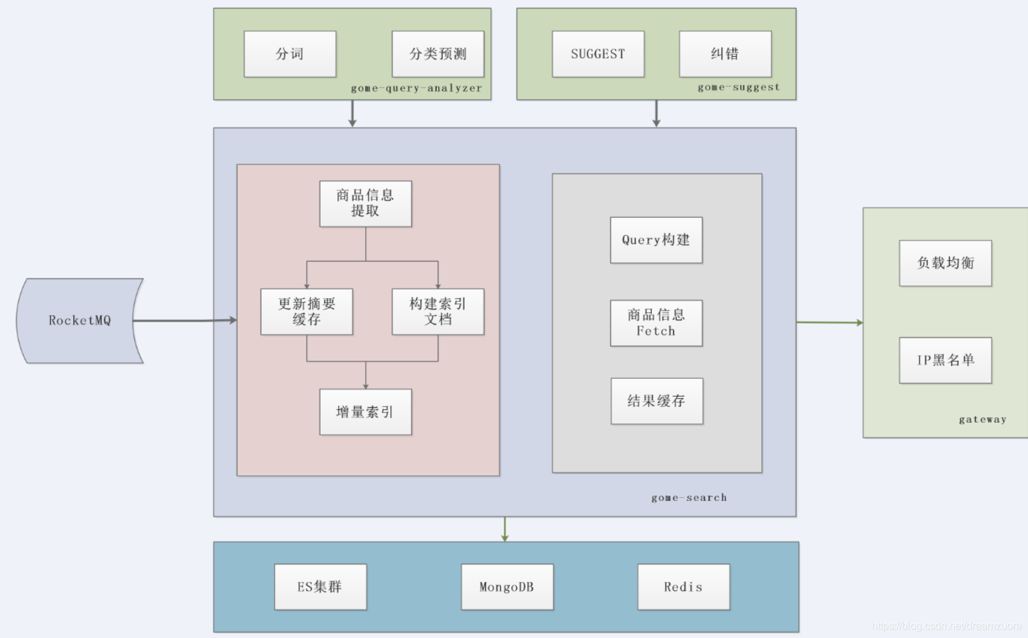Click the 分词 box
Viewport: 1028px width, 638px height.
click(290, 54)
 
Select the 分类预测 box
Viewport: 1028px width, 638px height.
click(438, 54)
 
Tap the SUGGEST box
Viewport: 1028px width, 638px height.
click(598, 54)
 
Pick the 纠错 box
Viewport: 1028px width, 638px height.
click(725, 54)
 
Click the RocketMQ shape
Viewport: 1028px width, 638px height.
click(79, 320)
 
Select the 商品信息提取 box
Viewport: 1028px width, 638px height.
click(365, 204)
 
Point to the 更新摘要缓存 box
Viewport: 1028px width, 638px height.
click(306, 312)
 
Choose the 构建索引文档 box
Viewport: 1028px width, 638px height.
click(438, 312)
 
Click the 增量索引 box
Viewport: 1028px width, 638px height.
click(365, 412)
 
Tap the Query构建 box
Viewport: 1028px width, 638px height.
click(656, 240)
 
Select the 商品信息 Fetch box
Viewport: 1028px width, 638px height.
click(656, 323)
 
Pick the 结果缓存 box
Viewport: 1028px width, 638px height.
click(656, 401)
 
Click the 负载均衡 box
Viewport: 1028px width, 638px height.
click(945, 263)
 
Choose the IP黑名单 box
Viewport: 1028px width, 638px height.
click(945, 360)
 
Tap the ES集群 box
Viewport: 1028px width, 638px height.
click(320, 587)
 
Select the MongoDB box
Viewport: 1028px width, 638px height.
click(507, 587)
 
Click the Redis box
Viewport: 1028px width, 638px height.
click(683, 587)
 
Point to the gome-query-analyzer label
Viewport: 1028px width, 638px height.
click(416, 88)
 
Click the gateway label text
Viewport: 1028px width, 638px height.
click(982, 419)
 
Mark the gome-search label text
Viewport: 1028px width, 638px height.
click(688, 498)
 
